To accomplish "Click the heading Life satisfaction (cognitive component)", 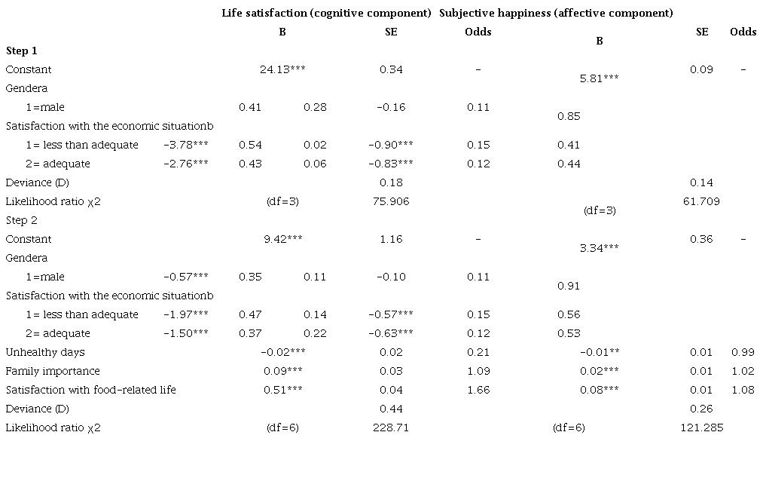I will (x=326, y=13).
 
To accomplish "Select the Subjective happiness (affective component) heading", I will (x=556, y=13).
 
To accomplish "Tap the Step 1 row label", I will (x=22, y=51).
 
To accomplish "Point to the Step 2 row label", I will (x=22, y=220).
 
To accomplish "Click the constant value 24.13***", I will (x=282, y=69).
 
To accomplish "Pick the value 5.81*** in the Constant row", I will (x=600, y=78).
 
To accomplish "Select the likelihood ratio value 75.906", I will (x=391, y=201).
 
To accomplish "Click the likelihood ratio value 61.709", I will (x=702, y=201).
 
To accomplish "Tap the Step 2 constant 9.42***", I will (x=282, y=239).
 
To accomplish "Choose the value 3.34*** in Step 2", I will (x=600, y=248).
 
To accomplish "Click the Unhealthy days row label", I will (x=45, y=352).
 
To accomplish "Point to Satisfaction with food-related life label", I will (x=91, y=390).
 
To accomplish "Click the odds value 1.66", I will (x=478, y=390).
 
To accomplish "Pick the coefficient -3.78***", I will (x=185, y=145).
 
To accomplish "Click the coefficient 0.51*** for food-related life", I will (x=282, y=390).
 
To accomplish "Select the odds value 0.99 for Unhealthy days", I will (x=743, y=352).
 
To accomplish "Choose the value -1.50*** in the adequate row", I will (x=185, y=333).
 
